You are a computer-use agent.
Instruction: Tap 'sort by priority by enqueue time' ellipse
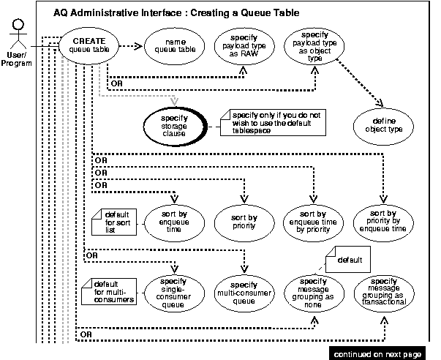click(x=382, y=219)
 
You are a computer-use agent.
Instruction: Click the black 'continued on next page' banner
click(x=377, y=353)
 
